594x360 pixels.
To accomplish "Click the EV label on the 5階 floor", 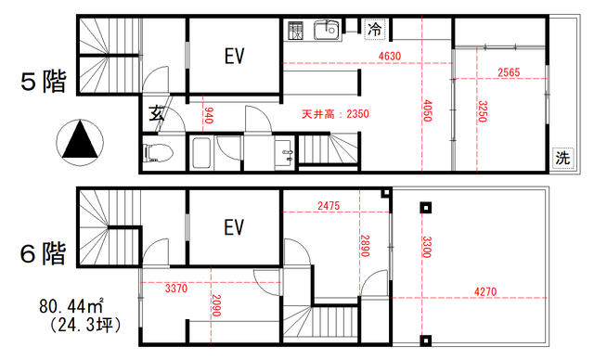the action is [235, 56].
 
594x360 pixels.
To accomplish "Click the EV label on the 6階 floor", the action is [235, 227].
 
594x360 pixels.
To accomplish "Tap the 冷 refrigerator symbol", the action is [375, 29].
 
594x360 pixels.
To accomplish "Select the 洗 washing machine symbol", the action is [562, 158].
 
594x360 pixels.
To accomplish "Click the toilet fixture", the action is [158, 153].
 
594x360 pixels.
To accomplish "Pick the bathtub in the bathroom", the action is [200, 153].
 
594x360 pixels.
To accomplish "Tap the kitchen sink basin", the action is [327, 31].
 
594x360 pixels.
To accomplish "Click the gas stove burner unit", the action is [295, 31].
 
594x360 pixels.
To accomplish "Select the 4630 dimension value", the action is [390, 56].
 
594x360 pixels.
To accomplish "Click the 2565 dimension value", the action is [509, 72].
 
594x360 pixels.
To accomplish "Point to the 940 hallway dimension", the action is [208, 115].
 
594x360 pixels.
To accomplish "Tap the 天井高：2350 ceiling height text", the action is [335, 113].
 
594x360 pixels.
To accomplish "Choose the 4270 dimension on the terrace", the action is [485, 291].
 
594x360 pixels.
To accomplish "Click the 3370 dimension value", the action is [176, 288].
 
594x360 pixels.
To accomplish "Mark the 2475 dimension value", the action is [329, 206].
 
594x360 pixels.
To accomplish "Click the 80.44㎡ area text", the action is [71, 305].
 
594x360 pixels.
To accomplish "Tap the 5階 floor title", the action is [44, 82].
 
